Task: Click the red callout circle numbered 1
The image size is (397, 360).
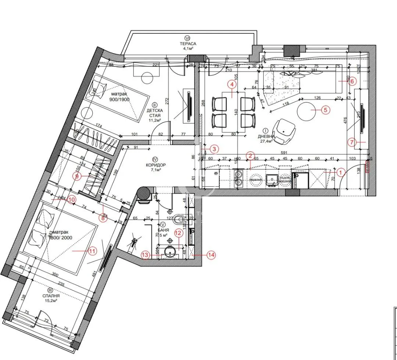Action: point(340,172)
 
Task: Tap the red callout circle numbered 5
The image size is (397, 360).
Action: point(325,109)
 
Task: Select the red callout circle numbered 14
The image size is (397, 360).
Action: point(211,255)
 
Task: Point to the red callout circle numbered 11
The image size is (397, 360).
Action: point(92,251)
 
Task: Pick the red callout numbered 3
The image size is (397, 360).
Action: point(215,149)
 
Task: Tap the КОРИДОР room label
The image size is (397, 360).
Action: point(155,165)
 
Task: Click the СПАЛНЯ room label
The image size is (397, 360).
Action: point(51,295)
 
